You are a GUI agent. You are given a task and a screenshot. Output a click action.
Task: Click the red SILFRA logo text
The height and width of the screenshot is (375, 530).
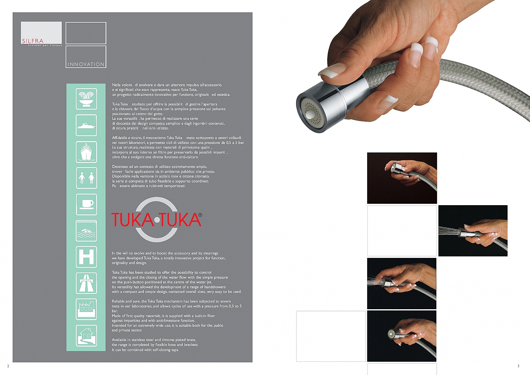point(33,41)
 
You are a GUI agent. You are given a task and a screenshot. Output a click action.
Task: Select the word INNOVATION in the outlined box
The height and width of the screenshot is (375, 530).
point(86,64)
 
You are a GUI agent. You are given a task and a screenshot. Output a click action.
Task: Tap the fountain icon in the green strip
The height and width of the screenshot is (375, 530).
point(86,99)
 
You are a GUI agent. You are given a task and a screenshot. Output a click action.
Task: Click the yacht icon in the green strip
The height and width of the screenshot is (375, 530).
point(86,125)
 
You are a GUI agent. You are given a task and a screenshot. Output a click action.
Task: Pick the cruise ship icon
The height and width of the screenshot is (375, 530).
point(86,152)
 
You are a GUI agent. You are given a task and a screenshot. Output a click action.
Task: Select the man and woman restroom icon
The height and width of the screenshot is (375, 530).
point(86,178)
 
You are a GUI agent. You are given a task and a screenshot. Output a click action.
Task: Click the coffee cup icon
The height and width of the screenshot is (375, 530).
point(86,204)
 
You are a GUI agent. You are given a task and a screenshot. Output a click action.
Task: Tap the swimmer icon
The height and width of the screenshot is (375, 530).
point(86,231)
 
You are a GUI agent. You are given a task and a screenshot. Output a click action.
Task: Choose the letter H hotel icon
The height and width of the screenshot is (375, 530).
point(86,257)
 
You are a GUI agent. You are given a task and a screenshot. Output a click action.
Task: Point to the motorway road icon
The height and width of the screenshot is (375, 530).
point(86,283)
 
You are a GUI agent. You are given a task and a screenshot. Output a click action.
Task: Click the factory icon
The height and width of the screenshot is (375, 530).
point(86,309)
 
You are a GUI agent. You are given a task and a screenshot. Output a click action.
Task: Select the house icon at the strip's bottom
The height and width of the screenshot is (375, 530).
point(86,335)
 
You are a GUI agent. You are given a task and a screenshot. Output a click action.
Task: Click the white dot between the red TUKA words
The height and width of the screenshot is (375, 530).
point(157,220)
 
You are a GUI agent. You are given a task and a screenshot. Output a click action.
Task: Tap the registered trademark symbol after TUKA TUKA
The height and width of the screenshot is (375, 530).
point(200,215)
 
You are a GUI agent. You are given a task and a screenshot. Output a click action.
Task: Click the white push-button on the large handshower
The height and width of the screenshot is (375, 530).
point(311,115)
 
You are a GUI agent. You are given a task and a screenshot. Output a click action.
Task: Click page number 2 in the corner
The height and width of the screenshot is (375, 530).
point(8,366)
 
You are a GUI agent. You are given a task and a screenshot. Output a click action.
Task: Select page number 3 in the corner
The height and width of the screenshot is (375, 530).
point(518,366)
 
